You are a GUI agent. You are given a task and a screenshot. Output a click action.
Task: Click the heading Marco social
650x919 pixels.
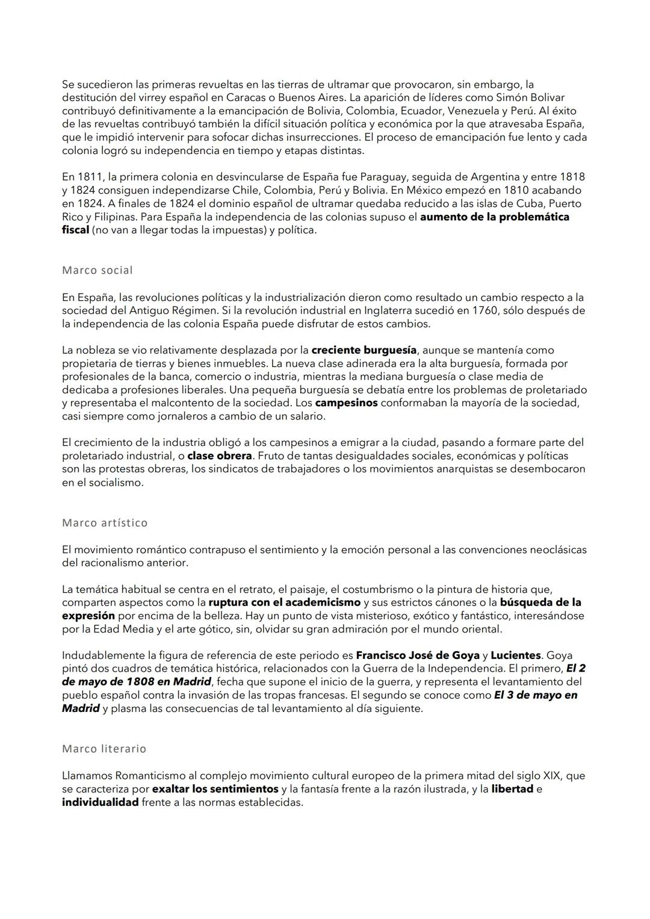tap(97, 270)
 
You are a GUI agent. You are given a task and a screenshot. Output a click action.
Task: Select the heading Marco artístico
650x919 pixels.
tap(105, 522)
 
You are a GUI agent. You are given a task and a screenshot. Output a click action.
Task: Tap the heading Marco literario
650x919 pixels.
tap(104, 749)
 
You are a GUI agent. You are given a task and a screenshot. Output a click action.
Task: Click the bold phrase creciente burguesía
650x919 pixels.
tap(364, 350)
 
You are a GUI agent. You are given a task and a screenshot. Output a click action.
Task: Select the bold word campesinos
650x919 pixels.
tap(346, 403)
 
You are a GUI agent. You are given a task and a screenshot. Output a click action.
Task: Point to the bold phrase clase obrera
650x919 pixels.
tap(220, 456)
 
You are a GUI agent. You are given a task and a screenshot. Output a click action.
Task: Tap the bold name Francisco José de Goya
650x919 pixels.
tap(418, 655)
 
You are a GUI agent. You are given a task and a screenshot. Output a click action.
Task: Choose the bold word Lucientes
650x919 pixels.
tap(516, 655)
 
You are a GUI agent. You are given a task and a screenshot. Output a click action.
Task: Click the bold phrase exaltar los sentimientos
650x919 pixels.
tap(215, 789)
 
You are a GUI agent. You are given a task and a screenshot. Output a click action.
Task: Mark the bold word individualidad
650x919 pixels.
tap(100, 802)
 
